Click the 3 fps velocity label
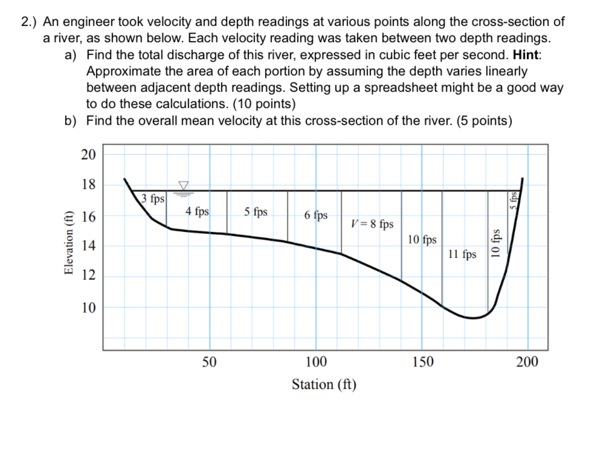pyautogui.click(x=153, y=199)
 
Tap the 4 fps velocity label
pyautogui.click(x=197, y=211)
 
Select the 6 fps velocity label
pyautogui.click(x=316, y=215)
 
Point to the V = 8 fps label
pyautogui.click(x=372, y=224)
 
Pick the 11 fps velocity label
pyautogui.click(x=462, y=254)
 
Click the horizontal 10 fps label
pyautogui.click(x=422, y=239)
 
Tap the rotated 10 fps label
pyautogui.click(x=495, y=243)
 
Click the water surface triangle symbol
pyautogui.click(x=183, y=185)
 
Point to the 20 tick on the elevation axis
pyautogui.click(x=88, y=155)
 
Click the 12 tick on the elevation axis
pyautogui.click(x=88, y=275)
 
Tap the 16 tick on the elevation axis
pyautogui.click(x=88, y=217)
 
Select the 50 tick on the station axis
pyautogui.click(x=209, y=362)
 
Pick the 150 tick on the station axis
pyautogui.click(x=423, y=362)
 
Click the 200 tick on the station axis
pyautogui.click(x=527, y=362)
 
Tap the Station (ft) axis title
pyautogui.click(x=324, y=385)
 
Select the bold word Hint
pyautogui.click(x=526, y=55)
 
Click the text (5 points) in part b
pyautogui.click(x=484, y=121)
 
